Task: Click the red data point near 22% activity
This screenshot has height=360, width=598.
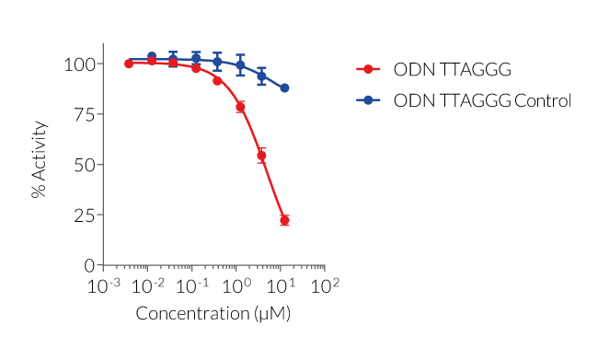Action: [284, 220]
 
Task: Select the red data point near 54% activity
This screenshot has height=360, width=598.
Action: [262, 156]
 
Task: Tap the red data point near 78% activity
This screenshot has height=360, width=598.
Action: [240, 107]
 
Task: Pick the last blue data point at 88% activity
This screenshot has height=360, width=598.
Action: [284, 88]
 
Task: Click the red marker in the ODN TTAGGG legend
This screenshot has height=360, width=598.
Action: [368, 70]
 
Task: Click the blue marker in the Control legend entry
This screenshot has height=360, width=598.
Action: [368, 100]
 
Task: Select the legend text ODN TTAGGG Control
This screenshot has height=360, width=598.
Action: [481, 100]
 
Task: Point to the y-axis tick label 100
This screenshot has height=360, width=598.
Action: [78, 64]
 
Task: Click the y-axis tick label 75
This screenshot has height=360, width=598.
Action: [83, 114]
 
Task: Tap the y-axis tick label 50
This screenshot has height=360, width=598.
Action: [83, 165]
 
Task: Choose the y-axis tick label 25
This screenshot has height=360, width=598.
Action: [83, 215]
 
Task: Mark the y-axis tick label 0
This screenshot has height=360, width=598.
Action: [88, 265]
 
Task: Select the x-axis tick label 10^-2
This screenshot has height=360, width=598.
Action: [149, 286]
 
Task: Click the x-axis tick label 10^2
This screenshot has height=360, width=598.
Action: [325, 286]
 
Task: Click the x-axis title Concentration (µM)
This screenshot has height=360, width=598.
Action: [213, 314]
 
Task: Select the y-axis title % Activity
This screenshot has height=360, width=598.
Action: [39, 165]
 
